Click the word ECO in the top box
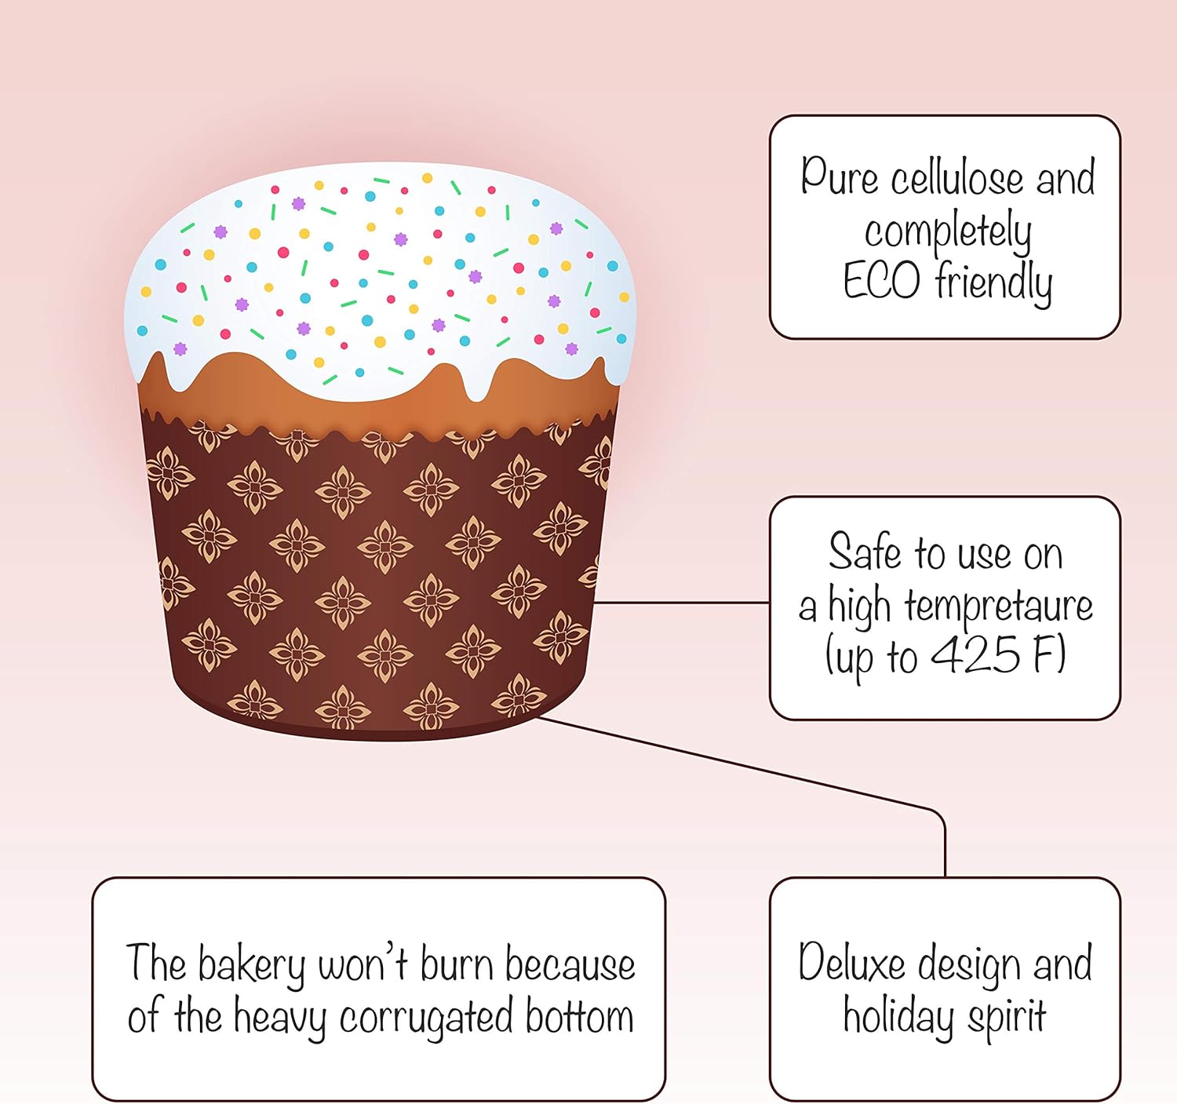tap(880, 281)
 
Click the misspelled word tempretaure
tap(998, 605)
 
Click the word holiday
tap(898, 1016)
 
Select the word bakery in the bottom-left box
tap(251, 965)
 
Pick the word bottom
tap(579, 1017)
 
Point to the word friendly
tap(993, 282)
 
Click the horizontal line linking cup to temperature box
tap(681, 603)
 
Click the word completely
tap(948, 232)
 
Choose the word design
tap(970, 964)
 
